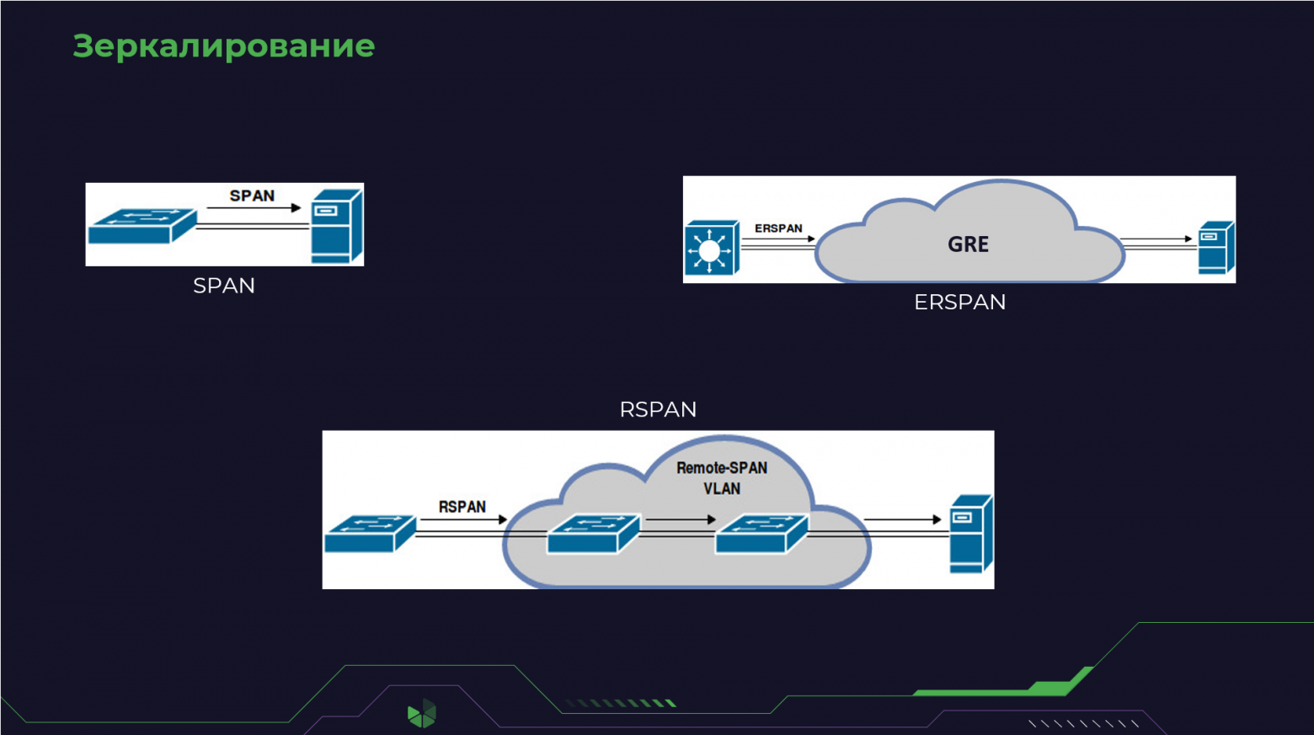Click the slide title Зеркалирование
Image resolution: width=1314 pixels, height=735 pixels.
click(x=223, y=46)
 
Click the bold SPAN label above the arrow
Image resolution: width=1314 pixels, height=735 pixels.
click(x=252, y=196)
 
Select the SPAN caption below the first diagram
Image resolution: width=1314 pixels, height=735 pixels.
click(x=224, y=286)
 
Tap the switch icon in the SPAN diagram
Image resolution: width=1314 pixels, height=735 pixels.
click(x=142, y=225)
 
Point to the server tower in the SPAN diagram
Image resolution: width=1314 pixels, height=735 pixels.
click(x=337, y=226)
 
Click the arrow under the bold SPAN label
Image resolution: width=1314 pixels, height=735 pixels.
click(x=254, y=208)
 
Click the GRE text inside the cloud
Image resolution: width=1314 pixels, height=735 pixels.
click(x=969, y=244)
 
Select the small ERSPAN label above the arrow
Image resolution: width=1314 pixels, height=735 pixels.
click(x=778, y=228)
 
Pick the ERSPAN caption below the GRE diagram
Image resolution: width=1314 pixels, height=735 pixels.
click(x=959, y=303)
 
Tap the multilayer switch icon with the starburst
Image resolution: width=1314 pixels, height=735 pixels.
click(x=712, y=248)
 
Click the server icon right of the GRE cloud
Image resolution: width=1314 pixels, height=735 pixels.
click(x=1216, y=248)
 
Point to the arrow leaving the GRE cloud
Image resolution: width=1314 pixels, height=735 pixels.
click(x=1156, y=239)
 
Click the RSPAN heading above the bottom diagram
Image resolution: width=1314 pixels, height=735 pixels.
click(x=658, y=410)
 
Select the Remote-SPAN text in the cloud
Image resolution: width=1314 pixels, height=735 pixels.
click(x=722, y=468)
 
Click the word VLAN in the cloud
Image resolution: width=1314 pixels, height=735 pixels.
click(x=722, y=488)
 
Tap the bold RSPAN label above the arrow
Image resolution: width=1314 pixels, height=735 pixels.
click(x=462, y=507)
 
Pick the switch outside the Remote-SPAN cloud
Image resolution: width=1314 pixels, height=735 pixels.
click(x=371, y=534)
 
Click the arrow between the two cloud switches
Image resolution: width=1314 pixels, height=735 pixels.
click(x=681, y=519)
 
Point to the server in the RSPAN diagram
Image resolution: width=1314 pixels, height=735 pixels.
click(x=971, y=534)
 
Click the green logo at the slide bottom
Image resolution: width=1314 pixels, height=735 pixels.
click(x=422, y=713)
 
